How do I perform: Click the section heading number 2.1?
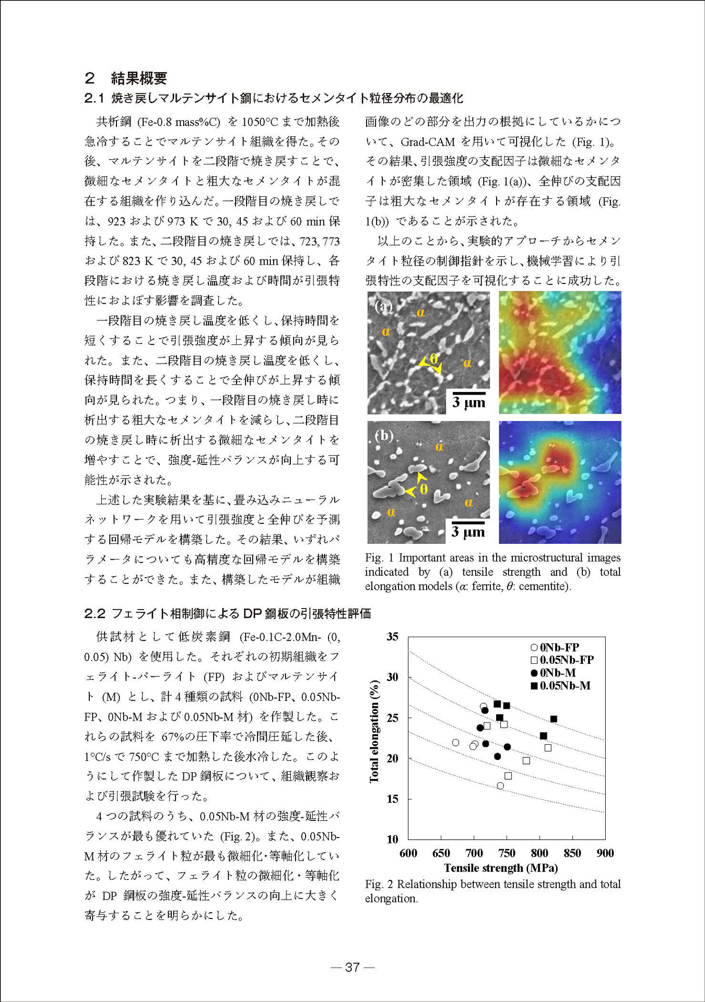tap(95, 98)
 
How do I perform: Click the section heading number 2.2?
tap(95, 614)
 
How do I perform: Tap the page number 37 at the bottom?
tap(352, 967)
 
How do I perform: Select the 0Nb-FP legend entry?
tap(555, 648)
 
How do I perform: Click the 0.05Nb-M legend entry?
tap(560, 686)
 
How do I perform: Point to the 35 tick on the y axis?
tap(392, 637)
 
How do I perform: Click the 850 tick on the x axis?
tap(572, 853)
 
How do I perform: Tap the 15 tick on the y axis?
tap(392, 799)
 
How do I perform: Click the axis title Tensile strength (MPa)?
tap(501, 868)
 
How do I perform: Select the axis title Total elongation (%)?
tap(374, 731)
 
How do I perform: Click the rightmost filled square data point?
tap(554, 719)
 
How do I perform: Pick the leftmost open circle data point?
tap(455, 743)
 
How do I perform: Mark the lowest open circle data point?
tap(500, 786)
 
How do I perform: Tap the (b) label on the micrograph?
tap(384, 435)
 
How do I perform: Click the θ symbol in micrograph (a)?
tap(433, 359)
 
